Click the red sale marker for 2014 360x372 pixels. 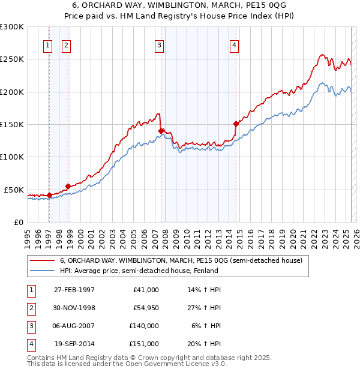coord(236,124)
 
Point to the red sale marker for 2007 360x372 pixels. coord(161,131)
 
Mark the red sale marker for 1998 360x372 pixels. coord(68,186)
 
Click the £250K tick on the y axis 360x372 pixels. coord(13,59)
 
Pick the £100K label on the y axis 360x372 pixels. coord(13,157)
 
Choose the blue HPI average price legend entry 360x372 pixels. coord(139,271)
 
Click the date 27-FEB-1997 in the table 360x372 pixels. coord(74,290)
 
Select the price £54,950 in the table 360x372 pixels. coord(146,308)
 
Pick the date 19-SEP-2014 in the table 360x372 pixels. coord(74,344)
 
